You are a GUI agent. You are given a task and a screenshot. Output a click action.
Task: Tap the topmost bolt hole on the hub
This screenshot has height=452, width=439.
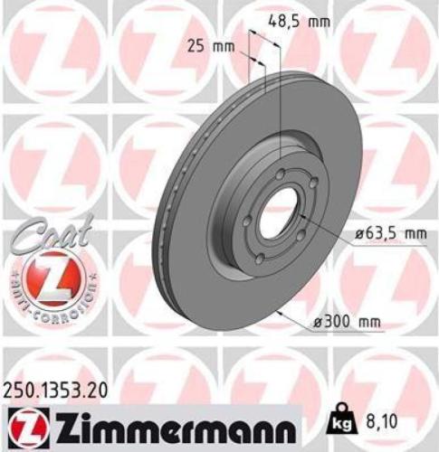(282, 174)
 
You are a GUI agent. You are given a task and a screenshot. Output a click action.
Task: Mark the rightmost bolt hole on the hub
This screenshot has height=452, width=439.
(313, 184)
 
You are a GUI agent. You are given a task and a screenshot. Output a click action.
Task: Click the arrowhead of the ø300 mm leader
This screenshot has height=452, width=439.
(275, 308)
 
